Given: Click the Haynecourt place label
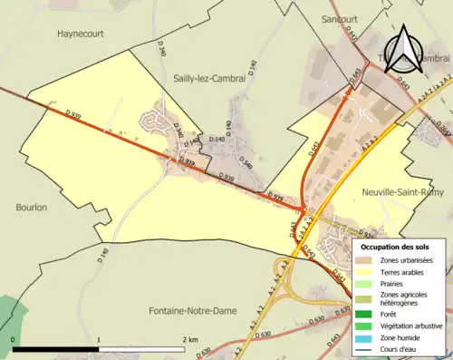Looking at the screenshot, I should pos(82,33).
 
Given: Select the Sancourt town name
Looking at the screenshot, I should pos(341,18).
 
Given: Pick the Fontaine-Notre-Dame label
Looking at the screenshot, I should pos(189,311).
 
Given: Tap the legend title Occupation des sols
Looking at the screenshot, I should pos(397,247).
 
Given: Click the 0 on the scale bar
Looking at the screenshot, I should pos(13,339).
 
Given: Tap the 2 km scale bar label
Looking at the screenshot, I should pos(191,339).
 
